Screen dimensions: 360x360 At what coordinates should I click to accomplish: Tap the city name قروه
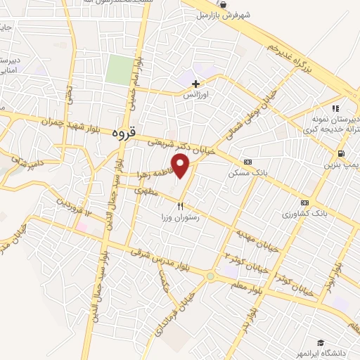coord(127,131)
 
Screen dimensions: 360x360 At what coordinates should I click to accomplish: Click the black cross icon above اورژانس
coord(195,84)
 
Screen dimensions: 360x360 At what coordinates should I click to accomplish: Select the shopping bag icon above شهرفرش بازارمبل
coord(223,4)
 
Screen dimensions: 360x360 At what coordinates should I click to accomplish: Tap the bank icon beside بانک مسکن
coord(246,162)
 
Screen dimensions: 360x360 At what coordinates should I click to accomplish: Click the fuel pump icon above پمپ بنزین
coord(341,153)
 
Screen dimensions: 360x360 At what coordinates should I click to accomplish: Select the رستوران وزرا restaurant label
coord(181,218)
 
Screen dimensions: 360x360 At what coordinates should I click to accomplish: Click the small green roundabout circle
coord(210,276)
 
